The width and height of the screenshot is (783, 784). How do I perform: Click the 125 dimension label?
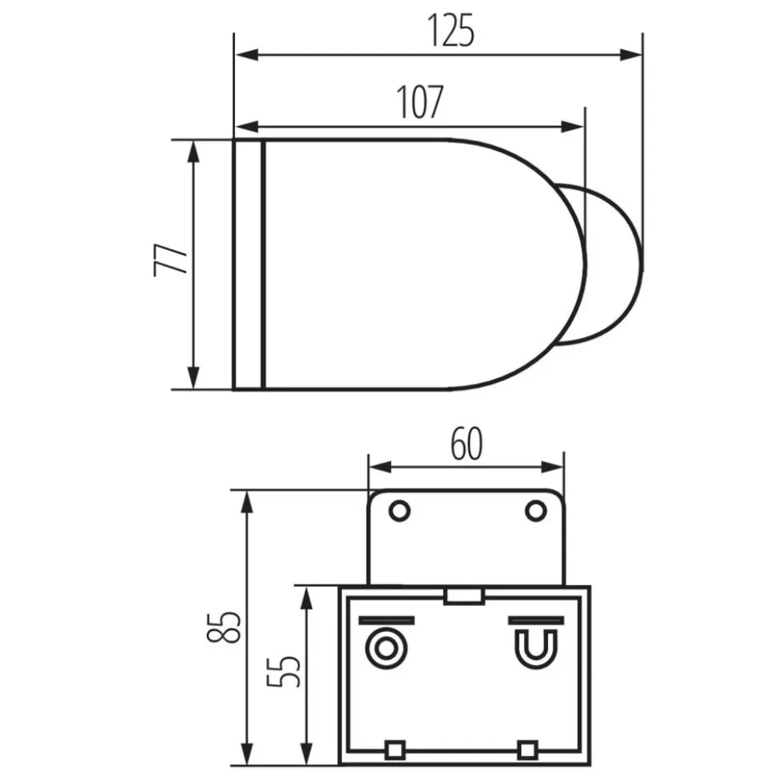[451, 30]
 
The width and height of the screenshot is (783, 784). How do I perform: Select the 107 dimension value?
[420, 102]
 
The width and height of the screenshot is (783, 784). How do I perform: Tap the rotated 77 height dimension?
[170, 260]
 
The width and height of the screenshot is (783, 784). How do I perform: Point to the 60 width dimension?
[467, 444]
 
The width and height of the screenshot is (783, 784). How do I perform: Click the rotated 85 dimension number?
[224, 627]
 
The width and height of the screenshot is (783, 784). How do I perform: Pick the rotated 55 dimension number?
[284, 671]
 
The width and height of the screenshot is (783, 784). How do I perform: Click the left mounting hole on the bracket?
[399, 511]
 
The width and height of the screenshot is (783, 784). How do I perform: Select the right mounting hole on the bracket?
[535, 511]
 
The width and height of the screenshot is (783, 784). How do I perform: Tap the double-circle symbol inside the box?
[385, 648]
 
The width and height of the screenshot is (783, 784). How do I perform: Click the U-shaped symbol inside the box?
[536, 648]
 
